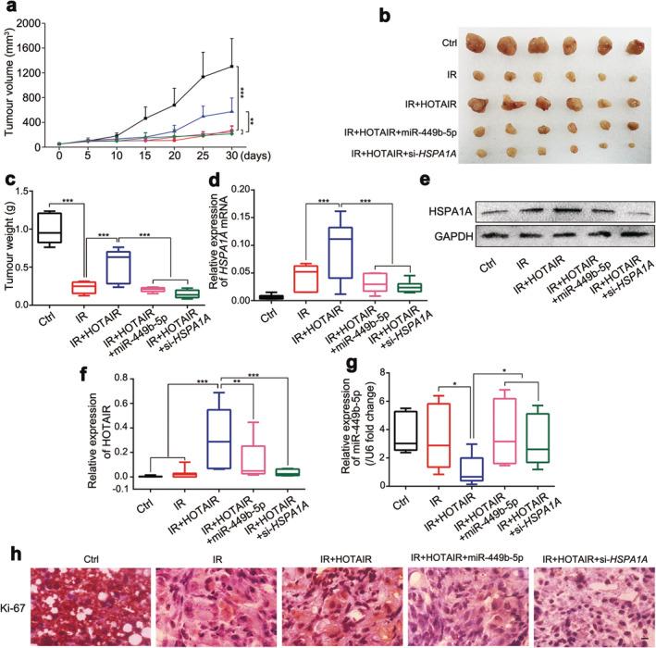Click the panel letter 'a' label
point(7,8)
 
